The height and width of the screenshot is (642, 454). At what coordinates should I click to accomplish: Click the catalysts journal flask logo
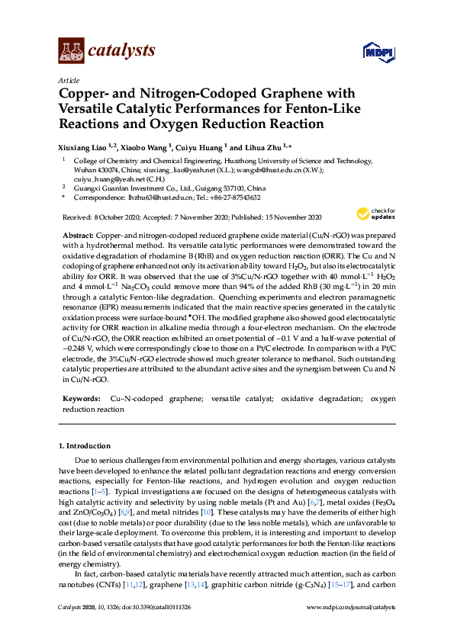(71, 50)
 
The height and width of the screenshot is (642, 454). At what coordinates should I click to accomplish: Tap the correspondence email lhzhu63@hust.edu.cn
(153, 197)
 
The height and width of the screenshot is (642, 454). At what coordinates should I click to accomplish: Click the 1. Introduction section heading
(83, 445)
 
